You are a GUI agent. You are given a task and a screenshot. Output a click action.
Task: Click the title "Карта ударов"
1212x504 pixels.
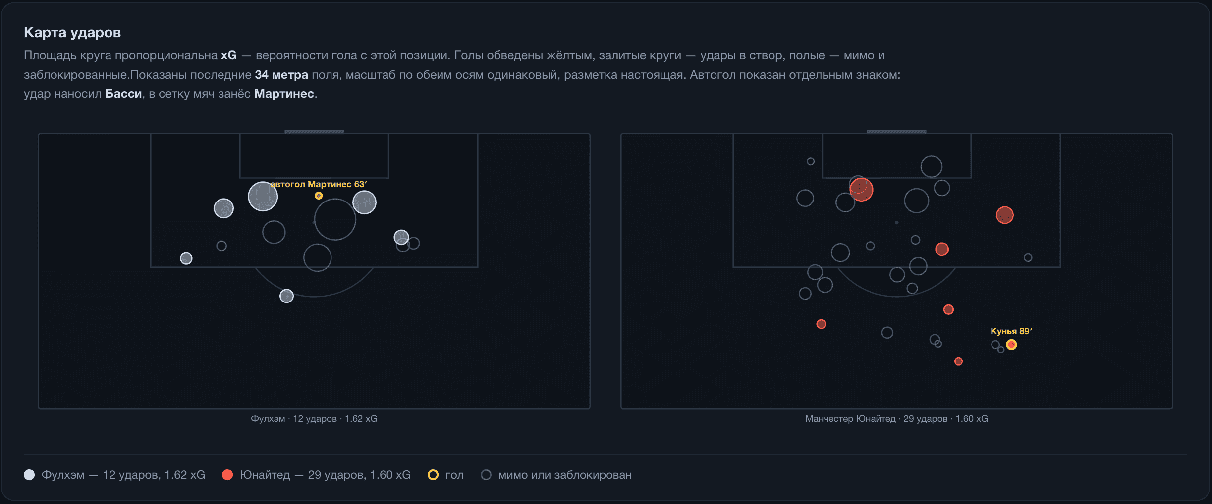click(72, 33)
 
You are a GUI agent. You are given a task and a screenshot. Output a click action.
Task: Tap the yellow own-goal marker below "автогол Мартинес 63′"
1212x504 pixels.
click(319, 196)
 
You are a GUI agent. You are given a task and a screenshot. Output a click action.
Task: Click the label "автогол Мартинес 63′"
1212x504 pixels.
click(319, 184)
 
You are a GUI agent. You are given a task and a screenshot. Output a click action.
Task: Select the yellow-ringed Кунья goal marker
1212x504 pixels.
click(1011, 345)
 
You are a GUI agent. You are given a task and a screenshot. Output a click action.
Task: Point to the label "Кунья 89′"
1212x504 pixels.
click(1011, 331)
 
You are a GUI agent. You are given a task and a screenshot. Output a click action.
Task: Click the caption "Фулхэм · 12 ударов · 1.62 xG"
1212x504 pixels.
click(314, 419)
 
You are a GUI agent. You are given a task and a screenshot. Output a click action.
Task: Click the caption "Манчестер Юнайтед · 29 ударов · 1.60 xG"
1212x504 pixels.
click(896, 419)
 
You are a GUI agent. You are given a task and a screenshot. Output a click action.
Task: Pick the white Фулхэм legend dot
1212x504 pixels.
click(29, 475)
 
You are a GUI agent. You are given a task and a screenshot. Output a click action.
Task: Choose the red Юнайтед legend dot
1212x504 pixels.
click(227, 475)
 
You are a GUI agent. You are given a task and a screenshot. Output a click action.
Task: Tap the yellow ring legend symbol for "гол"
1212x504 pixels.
click(433, 475)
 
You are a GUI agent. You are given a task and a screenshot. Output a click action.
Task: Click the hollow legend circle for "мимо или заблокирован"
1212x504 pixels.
click(486, 475)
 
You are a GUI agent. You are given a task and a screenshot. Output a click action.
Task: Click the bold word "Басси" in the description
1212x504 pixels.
click(123, 94)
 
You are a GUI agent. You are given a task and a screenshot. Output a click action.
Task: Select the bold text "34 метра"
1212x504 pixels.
click(281, 75)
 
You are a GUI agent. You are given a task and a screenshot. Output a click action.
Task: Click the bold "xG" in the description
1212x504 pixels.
click(229, 55)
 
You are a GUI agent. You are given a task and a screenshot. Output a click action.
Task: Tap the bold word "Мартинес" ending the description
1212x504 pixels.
click(284, 94)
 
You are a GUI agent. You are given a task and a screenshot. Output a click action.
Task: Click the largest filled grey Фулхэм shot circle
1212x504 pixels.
click(263, 197)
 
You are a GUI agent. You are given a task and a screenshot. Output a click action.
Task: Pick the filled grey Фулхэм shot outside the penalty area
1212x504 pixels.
click(286, 296)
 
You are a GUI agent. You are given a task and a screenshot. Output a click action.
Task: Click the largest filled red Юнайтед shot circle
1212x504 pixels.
click(861, 190)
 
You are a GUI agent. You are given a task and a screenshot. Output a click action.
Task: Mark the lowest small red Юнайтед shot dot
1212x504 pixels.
click(958, 361)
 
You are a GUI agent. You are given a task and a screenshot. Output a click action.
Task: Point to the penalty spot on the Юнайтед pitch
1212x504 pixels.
click(896, 223)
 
